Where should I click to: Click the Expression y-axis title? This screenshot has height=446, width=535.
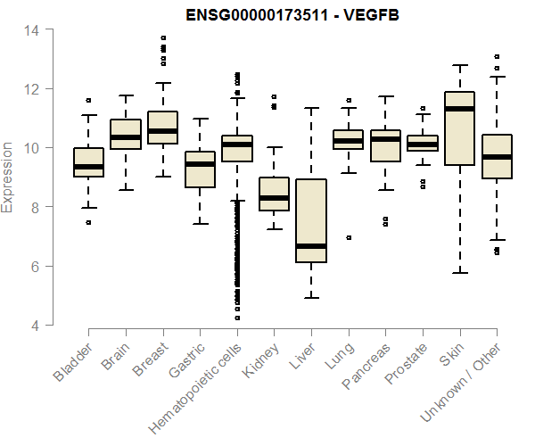[8, 177]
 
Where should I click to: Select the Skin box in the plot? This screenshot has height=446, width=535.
[459, 128]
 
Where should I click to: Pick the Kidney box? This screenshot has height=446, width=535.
[274, 194]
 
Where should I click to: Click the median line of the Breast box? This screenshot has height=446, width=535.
[162, 131]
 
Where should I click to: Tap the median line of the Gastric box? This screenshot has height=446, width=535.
[200, 164]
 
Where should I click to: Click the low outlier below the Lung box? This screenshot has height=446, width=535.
[348, 237]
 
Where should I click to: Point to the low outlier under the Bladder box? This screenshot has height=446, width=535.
[88, 222]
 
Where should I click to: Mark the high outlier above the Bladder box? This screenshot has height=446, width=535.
[88, 100]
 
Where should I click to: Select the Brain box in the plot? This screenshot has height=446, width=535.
[126, 134]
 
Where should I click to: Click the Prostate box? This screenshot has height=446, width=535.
[423, 143]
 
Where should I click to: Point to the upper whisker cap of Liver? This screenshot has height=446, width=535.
[311, 108]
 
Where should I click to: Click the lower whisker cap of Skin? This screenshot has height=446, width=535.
[459, 273]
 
